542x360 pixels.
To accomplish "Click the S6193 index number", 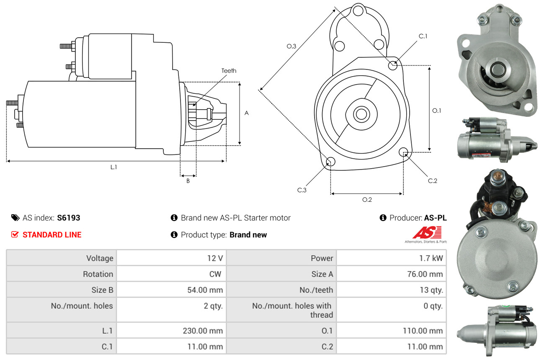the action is (x=68, y=218).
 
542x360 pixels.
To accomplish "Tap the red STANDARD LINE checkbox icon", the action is (x=15, y=234).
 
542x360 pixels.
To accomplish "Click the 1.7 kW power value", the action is (x=431, y=258).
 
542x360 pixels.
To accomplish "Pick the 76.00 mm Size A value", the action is (x=425, y=274).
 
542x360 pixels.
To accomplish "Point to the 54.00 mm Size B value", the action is (x=205, y=290).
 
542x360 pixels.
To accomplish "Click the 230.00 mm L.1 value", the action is (x=203, y=331).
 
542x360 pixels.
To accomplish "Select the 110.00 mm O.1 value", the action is (x=423, y=331).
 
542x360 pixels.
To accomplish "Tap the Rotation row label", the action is (x=98, y=274).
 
